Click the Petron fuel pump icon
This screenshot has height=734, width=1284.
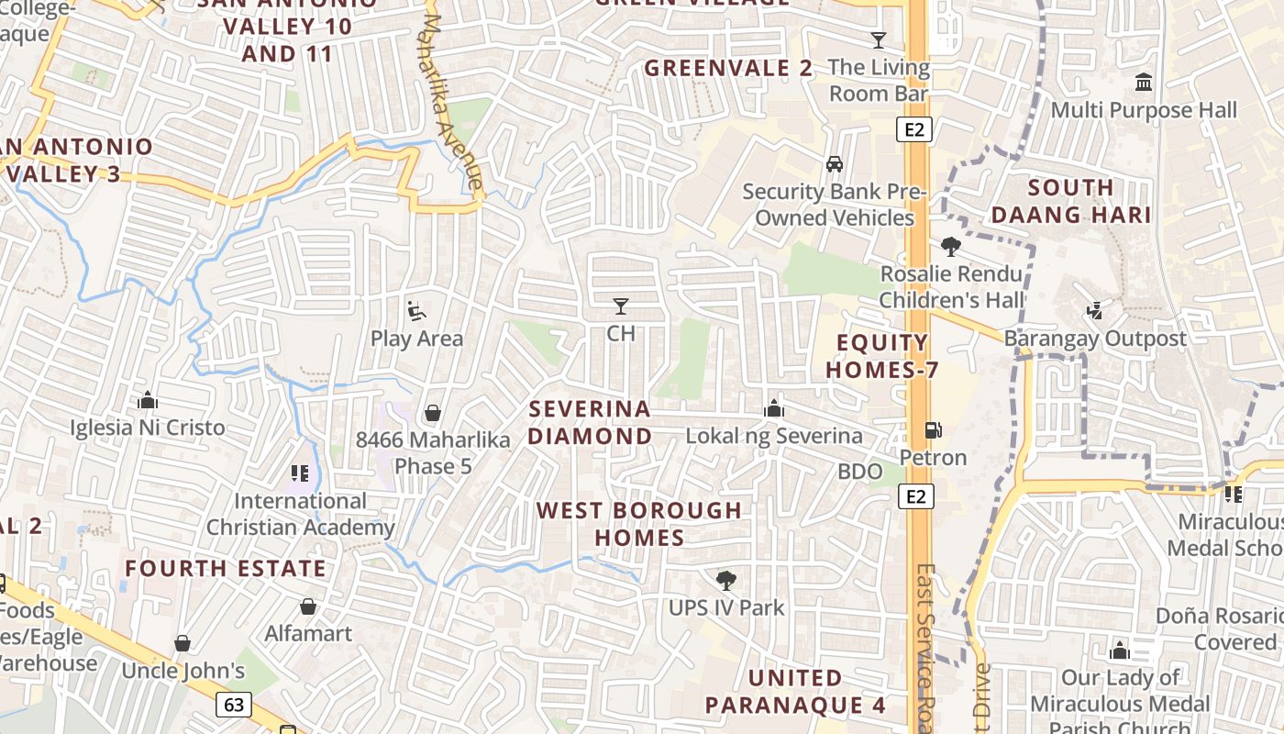coord(933,429)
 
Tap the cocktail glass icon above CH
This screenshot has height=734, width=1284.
coord(621,306)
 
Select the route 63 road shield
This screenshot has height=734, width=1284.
coord(234,705)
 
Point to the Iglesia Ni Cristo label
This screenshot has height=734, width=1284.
coord(148,428)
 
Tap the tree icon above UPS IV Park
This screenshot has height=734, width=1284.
coord(725,580)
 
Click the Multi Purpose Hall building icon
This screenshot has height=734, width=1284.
coord(1144,83)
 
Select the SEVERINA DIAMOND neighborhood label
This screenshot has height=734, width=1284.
coord(590,422)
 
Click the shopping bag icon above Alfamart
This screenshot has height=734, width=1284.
coord(308,606)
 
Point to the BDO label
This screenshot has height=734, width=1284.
coord(859,472)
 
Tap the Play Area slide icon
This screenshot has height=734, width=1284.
coord(416,311)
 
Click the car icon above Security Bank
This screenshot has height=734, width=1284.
coord(834,164)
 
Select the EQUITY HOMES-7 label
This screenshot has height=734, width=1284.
coord(882,356)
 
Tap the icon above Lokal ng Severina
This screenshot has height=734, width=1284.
coord(774,408)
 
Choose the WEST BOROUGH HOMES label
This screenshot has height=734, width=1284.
coord(639,523)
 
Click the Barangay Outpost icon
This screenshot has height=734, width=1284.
coord(1094,311)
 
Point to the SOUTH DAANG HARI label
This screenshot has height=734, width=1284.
coord(1071,201)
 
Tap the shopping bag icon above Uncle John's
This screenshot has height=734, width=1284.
coord(183,643)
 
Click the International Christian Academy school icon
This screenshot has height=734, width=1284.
coord(300,473)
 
